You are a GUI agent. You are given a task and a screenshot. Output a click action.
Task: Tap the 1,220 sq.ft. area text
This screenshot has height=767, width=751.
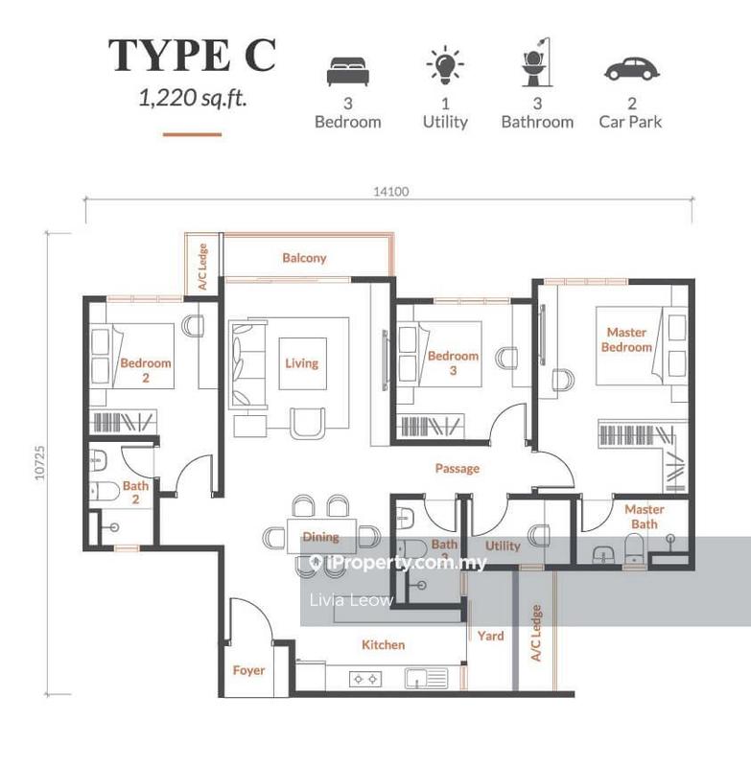click(x=192, y=97)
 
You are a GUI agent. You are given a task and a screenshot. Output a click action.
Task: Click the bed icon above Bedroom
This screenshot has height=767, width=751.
click(x=347, y=70)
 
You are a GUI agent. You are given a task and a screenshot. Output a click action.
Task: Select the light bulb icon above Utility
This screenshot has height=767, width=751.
click(x=445, y=66)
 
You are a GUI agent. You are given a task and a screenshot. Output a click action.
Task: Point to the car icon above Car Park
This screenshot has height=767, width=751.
click(x=629, y=69)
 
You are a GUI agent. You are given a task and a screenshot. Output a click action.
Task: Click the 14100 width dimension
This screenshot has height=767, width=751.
click(x=391, y=192)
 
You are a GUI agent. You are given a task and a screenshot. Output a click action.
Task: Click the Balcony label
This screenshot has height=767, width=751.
click(x=304, y=258)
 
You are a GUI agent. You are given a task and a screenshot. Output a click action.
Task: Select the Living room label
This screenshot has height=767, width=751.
click(x=301, y=363)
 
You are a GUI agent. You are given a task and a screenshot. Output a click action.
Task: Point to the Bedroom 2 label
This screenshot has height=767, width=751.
click(x=146, y=370)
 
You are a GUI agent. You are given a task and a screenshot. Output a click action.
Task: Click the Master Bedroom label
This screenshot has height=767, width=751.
click(x=626, y=339)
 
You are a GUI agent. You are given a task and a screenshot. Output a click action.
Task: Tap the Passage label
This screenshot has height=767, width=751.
click(x=457, y=469)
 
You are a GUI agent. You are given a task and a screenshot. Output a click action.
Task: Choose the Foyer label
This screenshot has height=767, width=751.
click(x=248, y=670)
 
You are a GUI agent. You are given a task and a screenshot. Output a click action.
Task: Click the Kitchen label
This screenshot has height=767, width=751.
click(x=383, y=645)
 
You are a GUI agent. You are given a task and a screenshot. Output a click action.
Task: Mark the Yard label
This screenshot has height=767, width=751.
click(x=490, y=636)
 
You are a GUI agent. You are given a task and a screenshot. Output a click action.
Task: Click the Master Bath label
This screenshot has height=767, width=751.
click(x=645, y=517)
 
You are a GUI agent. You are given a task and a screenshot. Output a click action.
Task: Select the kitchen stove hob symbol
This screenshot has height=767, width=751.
click(x=364, y=679)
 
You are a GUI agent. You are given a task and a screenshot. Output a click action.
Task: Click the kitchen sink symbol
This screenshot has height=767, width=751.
click(x=426, y=678)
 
